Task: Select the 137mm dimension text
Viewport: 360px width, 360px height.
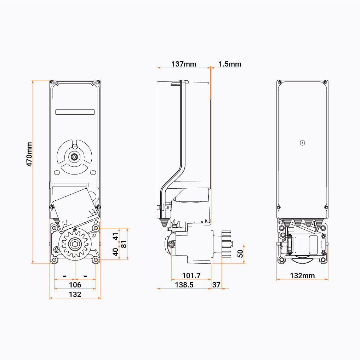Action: (x=184, y=64)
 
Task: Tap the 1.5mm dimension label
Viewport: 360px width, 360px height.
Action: (x=230, y=64)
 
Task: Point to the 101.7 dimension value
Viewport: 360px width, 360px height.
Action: (x=191, y=275)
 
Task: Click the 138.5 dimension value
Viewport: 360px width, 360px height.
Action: (x=184, y=285)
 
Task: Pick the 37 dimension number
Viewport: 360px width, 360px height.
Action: (x=216, y=285)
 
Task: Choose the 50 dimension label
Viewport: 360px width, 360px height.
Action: (x=240, y=253)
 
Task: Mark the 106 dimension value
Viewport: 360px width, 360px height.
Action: (x=75, y=285)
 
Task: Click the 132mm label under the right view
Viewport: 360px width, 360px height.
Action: (x=302, y=276)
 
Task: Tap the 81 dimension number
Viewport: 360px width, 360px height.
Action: (x=124, y=244)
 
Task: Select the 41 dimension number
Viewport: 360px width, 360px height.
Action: (x=115, y=236)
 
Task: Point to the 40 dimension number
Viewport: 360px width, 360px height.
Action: (x=115, y=252)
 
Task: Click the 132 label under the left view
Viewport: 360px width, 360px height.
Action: (x=75, y=294)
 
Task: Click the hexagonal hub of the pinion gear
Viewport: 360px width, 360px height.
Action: (x=75, y=244)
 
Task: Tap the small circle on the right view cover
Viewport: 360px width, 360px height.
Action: (x=302, y=143)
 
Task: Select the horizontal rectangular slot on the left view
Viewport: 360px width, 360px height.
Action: (x=75, y=112)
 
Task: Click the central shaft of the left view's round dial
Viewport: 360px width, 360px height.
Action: (x=75, y=156)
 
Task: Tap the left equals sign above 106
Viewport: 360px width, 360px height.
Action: (x=64, y=275)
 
